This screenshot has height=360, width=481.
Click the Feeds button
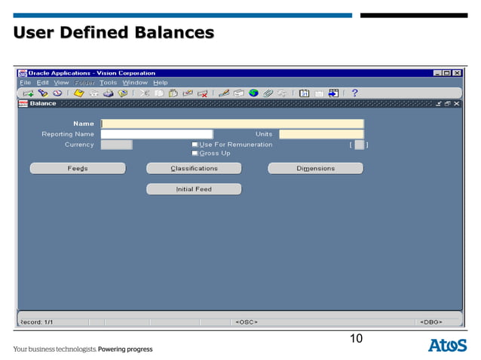point(78,169)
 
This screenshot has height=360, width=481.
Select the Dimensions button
point(315,169)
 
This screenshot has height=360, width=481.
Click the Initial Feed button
point(194,189)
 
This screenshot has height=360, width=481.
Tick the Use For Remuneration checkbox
point(195,145)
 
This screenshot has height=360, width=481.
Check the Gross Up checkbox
point(195,153)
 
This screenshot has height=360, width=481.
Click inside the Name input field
point(232,124)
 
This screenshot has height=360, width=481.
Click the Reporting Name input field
point(157,134)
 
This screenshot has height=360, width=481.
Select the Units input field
point(321,134)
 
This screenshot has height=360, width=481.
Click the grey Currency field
point(116,145)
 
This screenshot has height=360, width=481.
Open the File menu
point(25,82)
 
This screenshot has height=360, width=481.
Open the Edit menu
point(43,82)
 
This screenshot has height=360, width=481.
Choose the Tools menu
point(108,82)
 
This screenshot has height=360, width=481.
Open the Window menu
point(135,82)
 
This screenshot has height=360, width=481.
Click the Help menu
point(161,82)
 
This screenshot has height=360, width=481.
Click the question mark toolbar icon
point(354,93)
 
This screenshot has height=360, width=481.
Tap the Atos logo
point(448,346)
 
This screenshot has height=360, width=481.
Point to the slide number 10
point(356,339)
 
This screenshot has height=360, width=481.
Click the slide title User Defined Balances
point(114,33)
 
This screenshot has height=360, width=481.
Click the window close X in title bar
point(457,73)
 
